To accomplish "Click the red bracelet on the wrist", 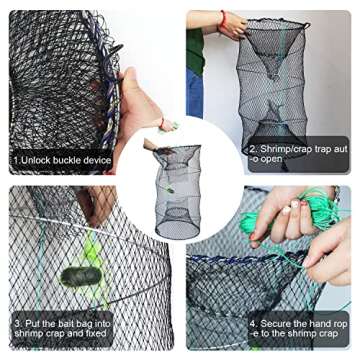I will (221, 17).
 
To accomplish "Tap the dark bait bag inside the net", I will (77, 277).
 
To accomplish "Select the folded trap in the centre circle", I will (177, 187).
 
